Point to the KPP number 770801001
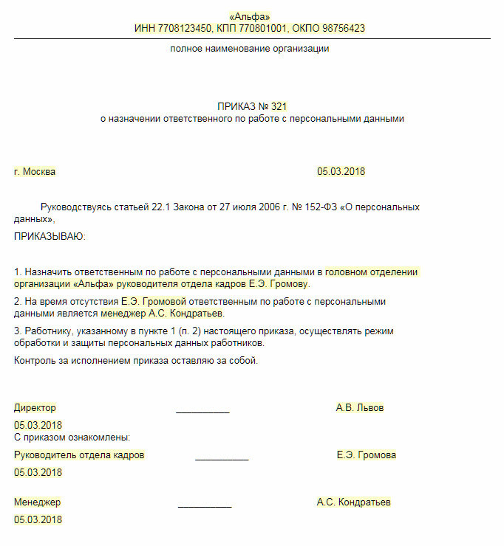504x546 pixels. (259, 29)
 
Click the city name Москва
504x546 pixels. (39, 172)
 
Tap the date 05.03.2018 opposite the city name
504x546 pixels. (341, 172)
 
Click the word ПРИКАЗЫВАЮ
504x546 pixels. (50, 237)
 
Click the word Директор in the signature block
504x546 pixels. (35, 408)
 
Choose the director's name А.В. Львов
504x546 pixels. (360, 408)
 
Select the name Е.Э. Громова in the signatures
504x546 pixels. (366, 455)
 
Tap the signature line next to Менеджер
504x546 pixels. (205, 505)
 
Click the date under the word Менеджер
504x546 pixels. (38, 519)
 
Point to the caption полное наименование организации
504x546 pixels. (250, 49)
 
